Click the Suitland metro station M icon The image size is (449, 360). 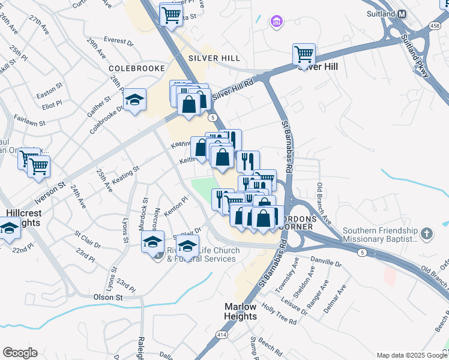click(402, 14)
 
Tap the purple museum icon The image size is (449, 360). click(277, 23)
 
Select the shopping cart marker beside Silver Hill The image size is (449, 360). click(304, 55)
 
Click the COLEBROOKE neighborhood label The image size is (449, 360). click(137, 68)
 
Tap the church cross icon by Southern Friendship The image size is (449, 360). click(426, 233)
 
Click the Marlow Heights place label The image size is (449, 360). click(241, 311)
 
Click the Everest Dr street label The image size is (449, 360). click(118, 41)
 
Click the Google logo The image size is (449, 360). click(20, 353)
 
